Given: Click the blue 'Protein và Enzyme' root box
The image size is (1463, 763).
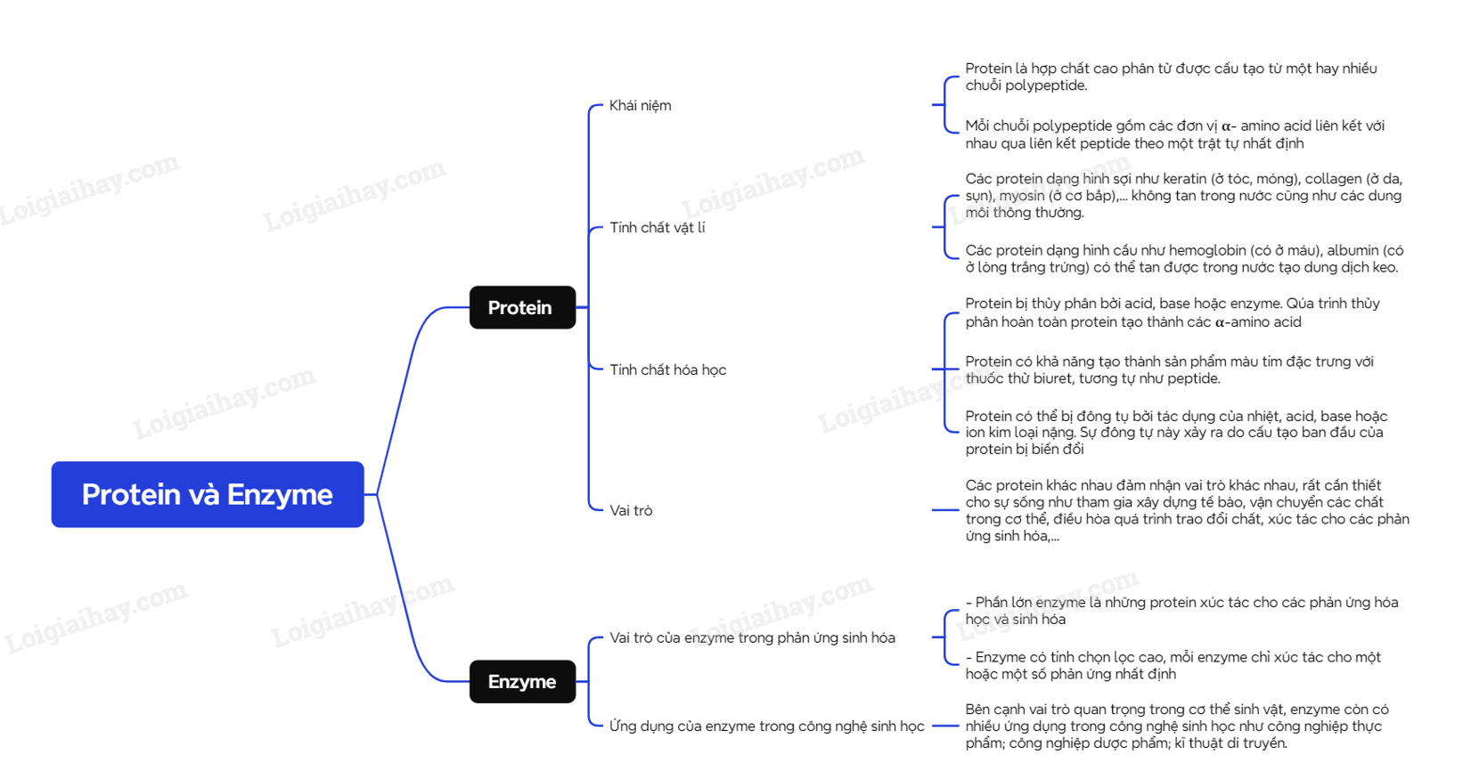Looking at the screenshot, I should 207,494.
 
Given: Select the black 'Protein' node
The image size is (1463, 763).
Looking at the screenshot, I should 522,307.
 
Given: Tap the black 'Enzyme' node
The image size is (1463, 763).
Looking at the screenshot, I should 522,682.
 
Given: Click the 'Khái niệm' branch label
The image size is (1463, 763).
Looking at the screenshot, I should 640,105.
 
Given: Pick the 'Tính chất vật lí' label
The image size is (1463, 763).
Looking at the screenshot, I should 657,228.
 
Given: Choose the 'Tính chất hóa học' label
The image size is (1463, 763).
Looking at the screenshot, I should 667,369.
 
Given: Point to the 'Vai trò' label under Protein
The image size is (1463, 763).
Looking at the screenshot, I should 631,510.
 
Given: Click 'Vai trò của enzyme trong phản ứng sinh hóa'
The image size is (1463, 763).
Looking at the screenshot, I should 752,637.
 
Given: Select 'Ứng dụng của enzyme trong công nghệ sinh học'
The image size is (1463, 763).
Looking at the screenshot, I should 766,726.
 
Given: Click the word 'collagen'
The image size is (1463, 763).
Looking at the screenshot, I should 1336,179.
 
